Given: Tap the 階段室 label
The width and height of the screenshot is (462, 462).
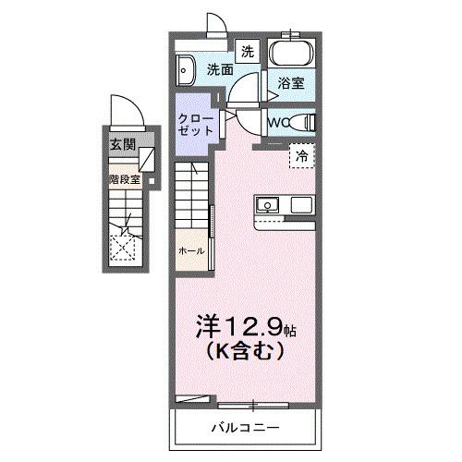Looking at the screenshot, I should coord(123,179).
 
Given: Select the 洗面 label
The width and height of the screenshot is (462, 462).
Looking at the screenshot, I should coord(219,69).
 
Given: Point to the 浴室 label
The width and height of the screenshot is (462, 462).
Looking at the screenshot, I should coord(292,82).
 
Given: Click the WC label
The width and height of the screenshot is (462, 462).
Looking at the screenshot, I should coord(279,120).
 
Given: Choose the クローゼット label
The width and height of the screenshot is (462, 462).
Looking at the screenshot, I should coord(196,124).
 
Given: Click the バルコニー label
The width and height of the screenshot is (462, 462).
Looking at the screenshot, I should coord(244,427).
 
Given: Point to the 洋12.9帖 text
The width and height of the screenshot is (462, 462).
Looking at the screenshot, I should coord(244,326).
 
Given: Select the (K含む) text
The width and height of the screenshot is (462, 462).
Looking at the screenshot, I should coord(244,352).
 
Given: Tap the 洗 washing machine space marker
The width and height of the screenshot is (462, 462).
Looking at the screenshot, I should coord(247,52).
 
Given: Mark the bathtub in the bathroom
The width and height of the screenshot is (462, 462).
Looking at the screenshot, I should coord(292,53).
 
